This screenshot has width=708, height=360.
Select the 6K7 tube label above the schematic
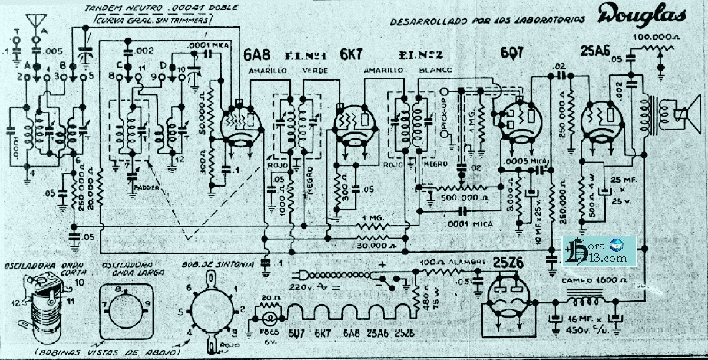tap(352, 55)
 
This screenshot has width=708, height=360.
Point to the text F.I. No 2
tap(415, 55)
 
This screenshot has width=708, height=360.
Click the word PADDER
tap(147, 186)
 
